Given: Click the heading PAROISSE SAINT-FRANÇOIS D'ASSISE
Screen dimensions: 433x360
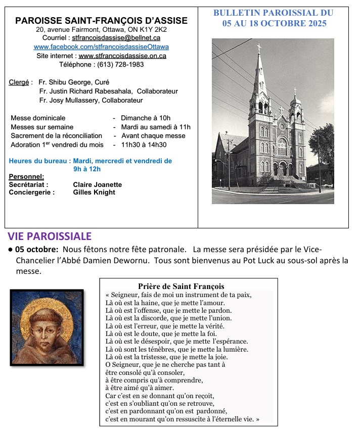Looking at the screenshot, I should (101, 21).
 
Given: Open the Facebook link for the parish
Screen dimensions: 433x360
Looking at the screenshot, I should (101, 47).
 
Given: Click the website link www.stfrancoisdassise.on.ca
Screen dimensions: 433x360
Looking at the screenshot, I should (122, 56).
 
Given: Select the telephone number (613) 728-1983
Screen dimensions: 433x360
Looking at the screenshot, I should (122, 65).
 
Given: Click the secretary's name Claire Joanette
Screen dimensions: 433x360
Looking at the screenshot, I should (97, 184).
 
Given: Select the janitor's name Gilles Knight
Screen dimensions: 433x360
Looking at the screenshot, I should (94, 193).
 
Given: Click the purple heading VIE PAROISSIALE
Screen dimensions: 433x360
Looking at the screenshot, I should (50, 236).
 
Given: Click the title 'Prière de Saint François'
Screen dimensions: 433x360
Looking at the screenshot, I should (181, 286).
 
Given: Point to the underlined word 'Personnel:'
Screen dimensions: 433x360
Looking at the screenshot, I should (27, 177).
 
